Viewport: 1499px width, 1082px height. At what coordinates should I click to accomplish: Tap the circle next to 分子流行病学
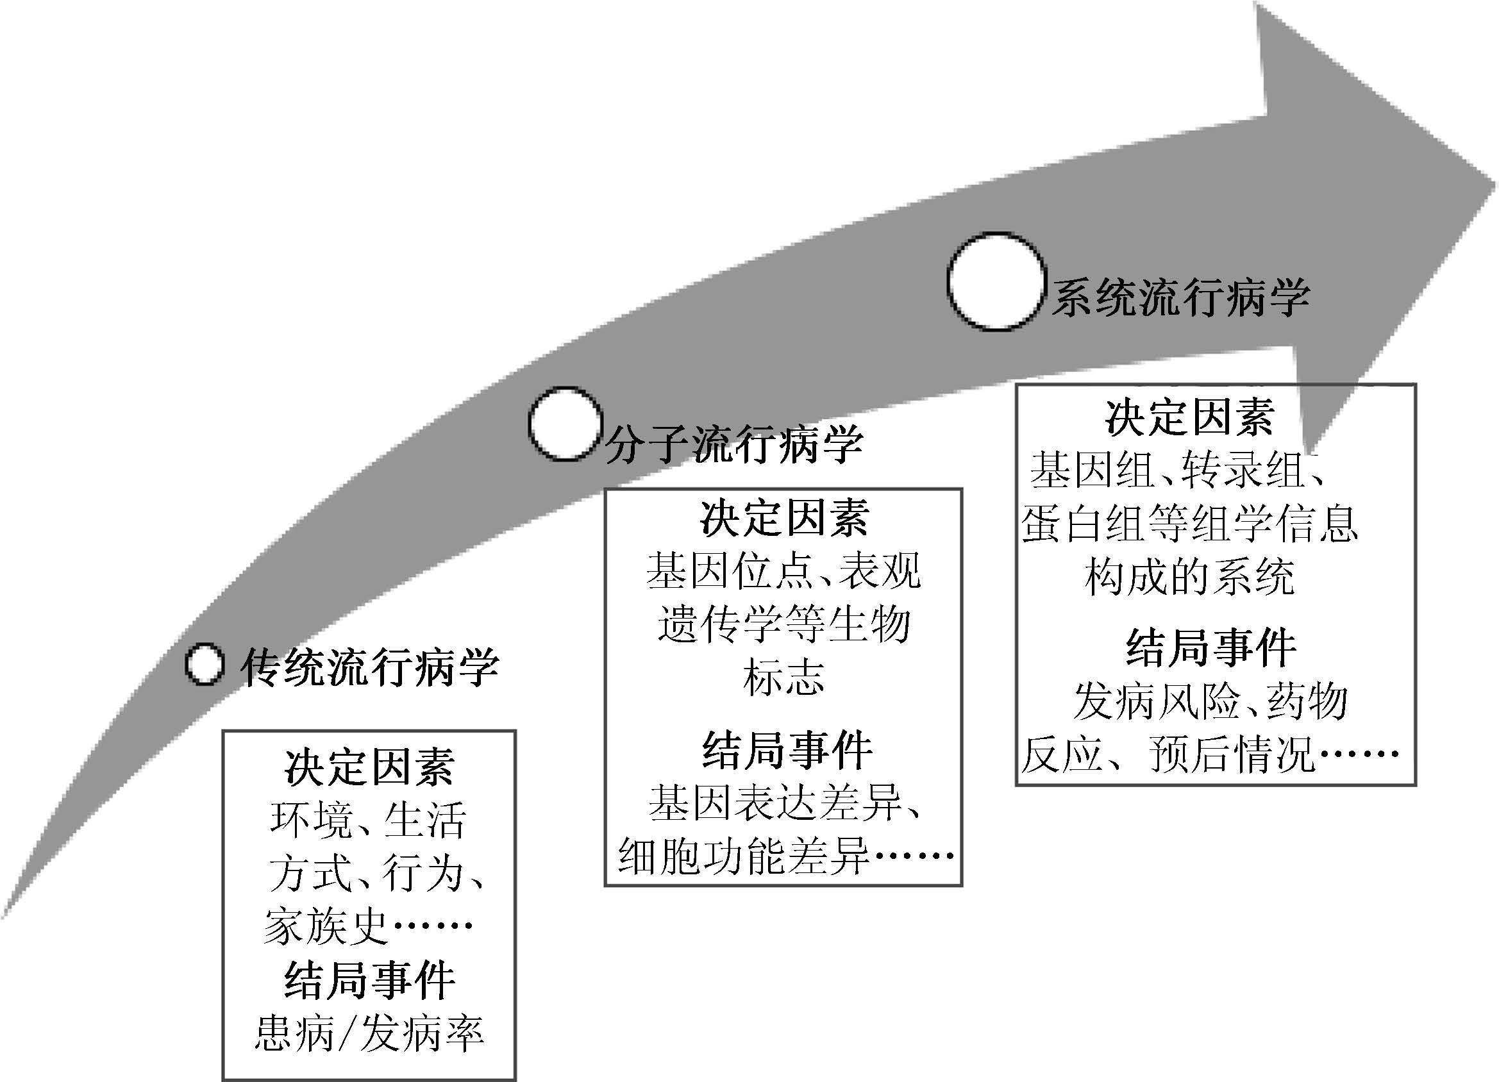[565, 424]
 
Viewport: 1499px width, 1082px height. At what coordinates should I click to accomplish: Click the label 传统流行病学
[369, 667]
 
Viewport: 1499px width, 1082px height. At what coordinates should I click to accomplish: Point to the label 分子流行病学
[733, 444]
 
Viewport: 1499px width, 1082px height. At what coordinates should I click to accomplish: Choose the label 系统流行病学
[1180, 298]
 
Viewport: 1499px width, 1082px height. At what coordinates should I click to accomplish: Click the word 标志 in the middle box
[783, 678]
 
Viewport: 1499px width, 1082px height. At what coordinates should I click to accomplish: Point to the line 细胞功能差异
[744, 856]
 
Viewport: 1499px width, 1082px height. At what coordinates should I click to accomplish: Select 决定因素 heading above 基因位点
[784, 519]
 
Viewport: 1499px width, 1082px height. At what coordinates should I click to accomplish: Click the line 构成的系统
[1189, 577]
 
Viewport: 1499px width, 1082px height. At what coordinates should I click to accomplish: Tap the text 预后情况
[1230, 754]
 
